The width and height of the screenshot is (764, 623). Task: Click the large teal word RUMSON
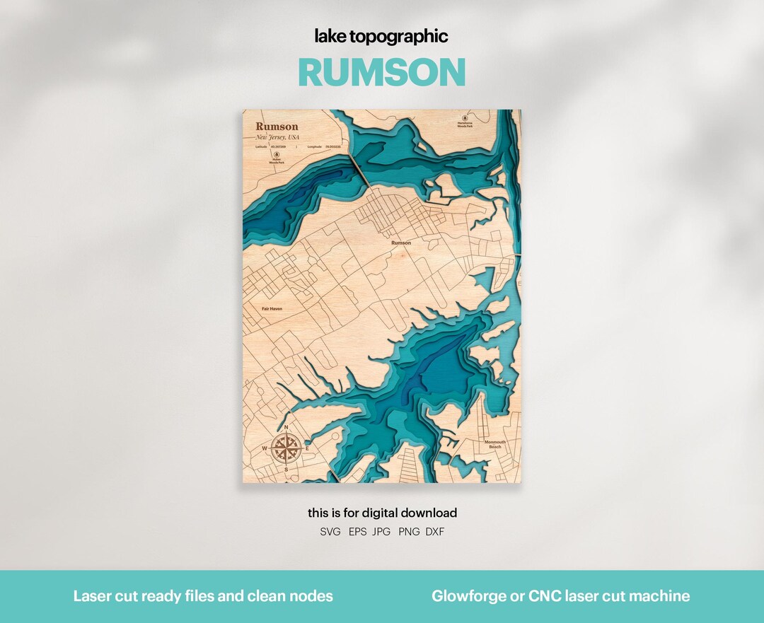382,72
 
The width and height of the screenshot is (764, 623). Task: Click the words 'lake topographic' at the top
382,37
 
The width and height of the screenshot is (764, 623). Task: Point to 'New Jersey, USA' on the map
278,136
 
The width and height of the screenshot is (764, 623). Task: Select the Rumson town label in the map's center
400,243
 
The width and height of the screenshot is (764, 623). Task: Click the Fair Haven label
272,309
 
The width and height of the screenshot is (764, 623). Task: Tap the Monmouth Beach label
495,444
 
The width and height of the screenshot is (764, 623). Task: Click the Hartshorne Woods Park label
465,124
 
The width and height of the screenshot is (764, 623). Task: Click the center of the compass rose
286,448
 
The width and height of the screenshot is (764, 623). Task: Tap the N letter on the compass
286,428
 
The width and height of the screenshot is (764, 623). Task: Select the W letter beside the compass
265,448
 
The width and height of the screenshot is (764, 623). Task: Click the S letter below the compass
286,470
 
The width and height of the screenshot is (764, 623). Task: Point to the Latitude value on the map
279,147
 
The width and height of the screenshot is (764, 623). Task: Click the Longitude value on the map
332,147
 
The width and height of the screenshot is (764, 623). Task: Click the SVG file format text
330,532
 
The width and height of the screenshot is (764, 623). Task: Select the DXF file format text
435,532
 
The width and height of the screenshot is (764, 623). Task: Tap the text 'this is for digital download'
382,513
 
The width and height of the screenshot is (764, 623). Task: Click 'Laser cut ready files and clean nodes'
203,596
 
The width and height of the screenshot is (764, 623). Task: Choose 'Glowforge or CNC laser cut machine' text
560,596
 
